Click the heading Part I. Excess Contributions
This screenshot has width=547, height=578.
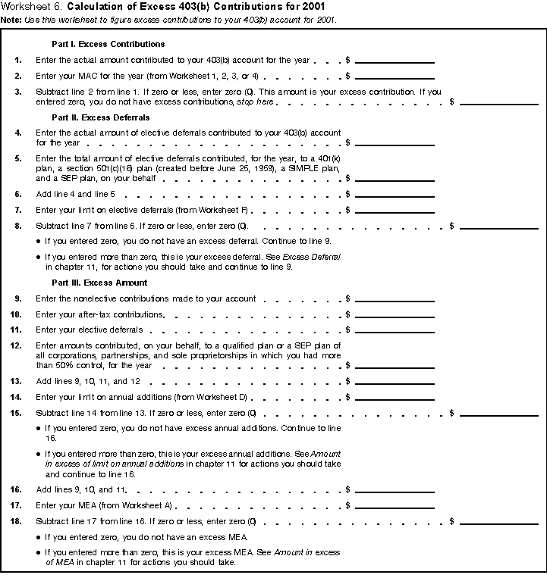108,45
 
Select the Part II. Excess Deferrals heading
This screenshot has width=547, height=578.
100,118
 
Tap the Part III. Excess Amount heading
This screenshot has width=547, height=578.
99,283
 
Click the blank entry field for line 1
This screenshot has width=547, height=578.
395,59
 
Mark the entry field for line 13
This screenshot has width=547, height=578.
395,381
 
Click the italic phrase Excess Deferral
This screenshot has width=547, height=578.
314,258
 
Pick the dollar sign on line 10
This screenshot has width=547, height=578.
347,314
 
